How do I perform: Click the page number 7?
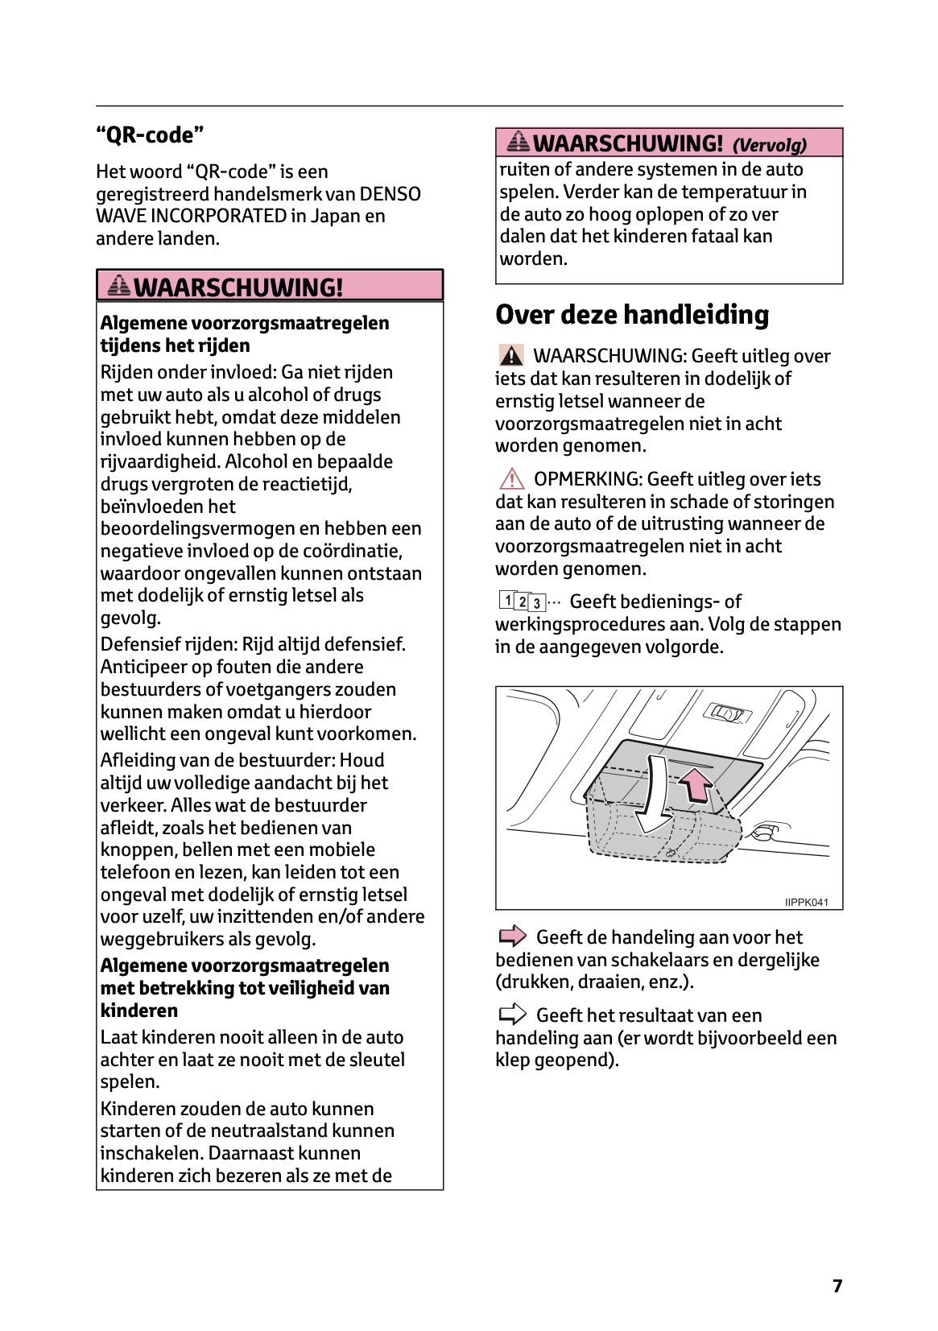(x=837, y=1285)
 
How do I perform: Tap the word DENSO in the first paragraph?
(x=390, y=194)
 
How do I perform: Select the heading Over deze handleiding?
(x=632, y=315)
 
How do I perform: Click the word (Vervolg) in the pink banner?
(x=769, y=145)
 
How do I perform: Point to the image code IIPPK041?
(x=806, y=902)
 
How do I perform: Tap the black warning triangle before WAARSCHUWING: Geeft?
(x=510, y=355)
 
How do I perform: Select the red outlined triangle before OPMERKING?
(x=510, y=479)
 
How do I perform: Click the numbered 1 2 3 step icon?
(x=522, y=601)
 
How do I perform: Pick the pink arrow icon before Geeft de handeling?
(x=512, y=936)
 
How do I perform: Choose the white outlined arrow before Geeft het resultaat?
(x=512, y=1015)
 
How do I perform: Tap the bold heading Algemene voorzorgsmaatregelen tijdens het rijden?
(x=244, y=333)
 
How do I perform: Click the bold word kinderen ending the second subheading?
(x=138, y=1011)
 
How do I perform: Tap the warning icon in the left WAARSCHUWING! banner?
(x=118, y=286)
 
